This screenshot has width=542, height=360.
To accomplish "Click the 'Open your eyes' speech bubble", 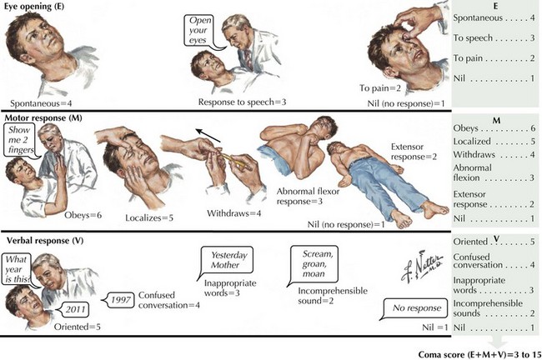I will [203, 27].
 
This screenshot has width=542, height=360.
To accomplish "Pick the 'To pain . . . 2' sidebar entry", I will [496, 57].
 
